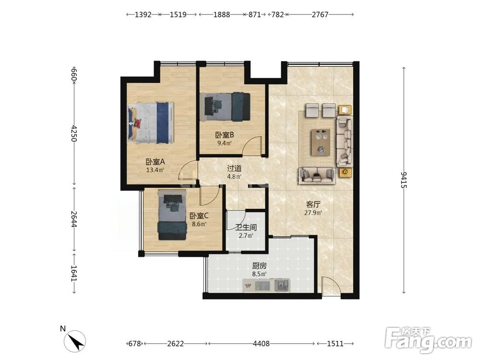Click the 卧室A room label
tap(155, 162)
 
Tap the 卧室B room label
tap(225, 135)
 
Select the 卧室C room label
tap(199, 216)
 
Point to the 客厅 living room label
tap(313, 204)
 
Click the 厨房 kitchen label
tap(259, 266)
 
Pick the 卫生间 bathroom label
tap(246, 228)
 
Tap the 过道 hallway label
tap(234, 168)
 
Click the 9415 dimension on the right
tap(404, 180)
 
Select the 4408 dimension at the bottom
tap(261, 344)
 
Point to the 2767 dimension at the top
tap(320, 14)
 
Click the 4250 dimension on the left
tap(74, 133)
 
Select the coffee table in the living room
tap(321, 142)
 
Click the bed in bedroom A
tap(151, 123)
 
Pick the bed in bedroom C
tap(172, 215)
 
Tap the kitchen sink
tap(282, 285)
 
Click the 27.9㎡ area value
tap(313, 213)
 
